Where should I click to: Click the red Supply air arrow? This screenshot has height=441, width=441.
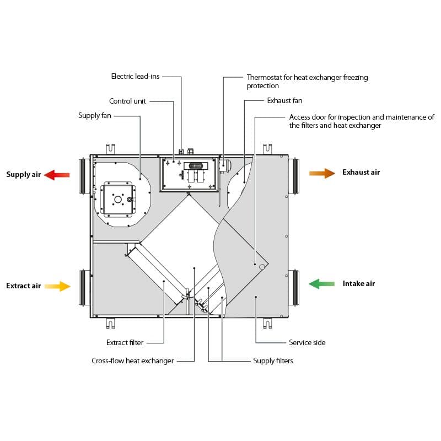pyautogui.click(x=57, y=175)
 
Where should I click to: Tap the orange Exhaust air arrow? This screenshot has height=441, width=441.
pyautogui.click(x=322, y=173)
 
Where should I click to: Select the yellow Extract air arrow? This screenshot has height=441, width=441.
pyautogui.click(x=57, y=286)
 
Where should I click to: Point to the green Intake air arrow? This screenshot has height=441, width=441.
pyautogui.click(x=322, y=283)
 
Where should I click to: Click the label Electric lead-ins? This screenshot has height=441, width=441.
pyautogui.click(x=135, y=76)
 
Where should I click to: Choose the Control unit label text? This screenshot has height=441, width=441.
pyautogui.click(x=127, y=101)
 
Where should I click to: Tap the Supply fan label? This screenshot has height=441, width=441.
pyautogui.click(x=95, y=116)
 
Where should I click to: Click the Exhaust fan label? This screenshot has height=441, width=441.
pyautogui.click(x=284, y=100)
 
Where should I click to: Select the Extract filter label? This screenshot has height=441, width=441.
pyautogui.click(x=125, y=342)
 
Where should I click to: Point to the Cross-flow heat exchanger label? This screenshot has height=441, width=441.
pyautogui.click(x=133, y=361)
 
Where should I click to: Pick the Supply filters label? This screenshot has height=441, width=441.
pyautogui.click(x=273, y=361)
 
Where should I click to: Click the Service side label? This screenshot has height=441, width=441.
pyautogui.click(x=307, y=342)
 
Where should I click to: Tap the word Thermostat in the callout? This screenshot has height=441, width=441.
pyautogui.click(x=264, y=77)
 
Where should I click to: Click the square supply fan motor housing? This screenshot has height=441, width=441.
pyautogui.click(x=118, y=200)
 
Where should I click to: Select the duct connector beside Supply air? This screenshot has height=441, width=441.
pyautogui.click(x=84, y=176)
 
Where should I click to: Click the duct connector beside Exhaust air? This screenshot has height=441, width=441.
pyautogui.click(x=294, y=176)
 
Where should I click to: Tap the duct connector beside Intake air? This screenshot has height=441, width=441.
pyautogui.click(x=294, y=287)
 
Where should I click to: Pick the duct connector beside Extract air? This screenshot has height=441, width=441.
pyautogui.click(x=84, y=287)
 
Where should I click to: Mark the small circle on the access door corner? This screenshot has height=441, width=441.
pyautogui.click(x=262, y=267)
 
